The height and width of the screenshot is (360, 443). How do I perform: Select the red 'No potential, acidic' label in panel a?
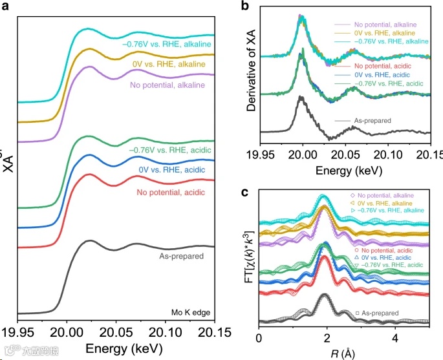[173, 192]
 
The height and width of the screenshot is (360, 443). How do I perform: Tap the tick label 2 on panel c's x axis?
[327, 337]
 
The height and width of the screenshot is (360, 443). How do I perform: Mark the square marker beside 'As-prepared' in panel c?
[357, 313]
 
